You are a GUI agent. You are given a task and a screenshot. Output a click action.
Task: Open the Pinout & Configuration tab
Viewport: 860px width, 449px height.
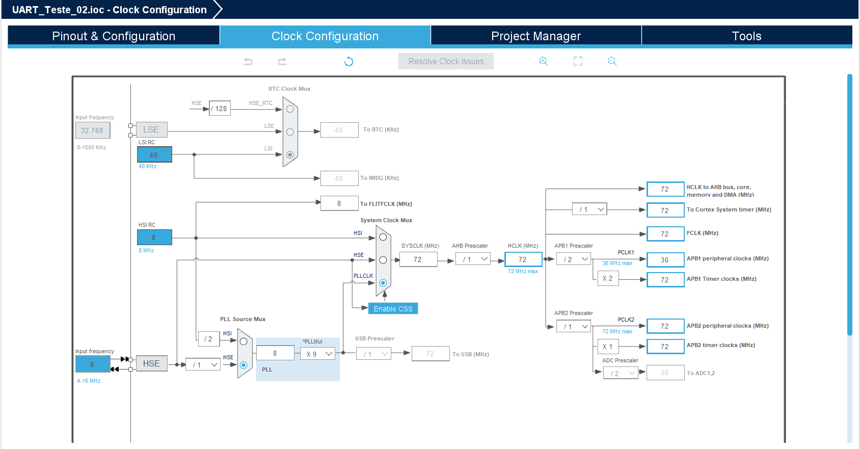point(114,36)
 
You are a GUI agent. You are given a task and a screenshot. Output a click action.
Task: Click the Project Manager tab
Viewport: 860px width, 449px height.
point(536,36)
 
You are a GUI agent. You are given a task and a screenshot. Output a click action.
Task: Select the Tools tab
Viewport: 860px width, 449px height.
point(747,36)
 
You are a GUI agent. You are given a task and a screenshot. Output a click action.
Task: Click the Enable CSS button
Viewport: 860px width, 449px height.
point(393,309)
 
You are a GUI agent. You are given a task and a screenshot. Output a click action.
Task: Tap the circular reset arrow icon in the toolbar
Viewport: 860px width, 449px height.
point(348,62)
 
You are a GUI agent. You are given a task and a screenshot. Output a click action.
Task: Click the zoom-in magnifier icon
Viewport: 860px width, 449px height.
point(543,61)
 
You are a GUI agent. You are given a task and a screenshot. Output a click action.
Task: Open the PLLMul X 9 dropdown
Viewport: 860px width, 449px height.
point(317,354)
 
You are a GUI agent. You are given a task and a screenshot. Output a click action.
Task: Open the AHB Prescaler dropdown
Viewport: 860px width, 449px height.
point(473,259)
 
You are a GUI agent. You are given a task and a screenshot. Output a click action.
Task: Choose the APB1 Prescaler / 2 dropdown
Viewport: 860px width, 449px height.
point(574,259)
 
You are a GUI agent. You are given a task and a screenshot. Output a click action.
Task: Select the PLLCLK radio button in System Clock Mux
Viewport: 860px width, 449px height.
point(383,283)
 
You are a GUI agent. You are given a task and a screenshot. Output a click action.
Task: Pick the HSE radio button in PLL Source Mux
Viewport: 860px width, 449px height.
point(244,365)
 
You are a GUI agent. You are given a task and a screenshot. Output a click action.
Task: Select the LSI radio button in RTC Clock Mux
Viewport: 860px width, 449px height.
point(290,155)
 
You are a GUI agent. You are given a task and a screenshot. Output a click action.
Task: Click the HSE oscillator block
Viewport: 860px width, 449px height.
point(152,363)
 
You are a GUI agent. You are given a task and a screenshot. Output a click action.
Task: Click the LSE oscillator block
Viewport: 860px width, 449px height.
point(152,129)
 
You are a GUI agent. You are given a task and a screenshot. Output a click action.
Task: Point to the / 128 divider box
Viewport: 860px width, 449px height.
point(220,109)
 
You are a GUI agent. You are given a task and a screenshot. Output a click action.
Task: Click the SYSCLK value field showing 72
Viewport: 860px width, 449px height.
point(418,259)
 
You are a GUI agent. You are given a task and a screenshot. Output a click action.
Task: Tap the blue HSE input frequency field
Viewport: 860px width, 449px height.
point(93,364)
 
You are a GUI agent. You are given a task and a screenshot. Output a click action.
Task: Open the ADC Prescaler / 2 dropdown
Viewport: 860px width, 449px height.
point(621,373)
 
